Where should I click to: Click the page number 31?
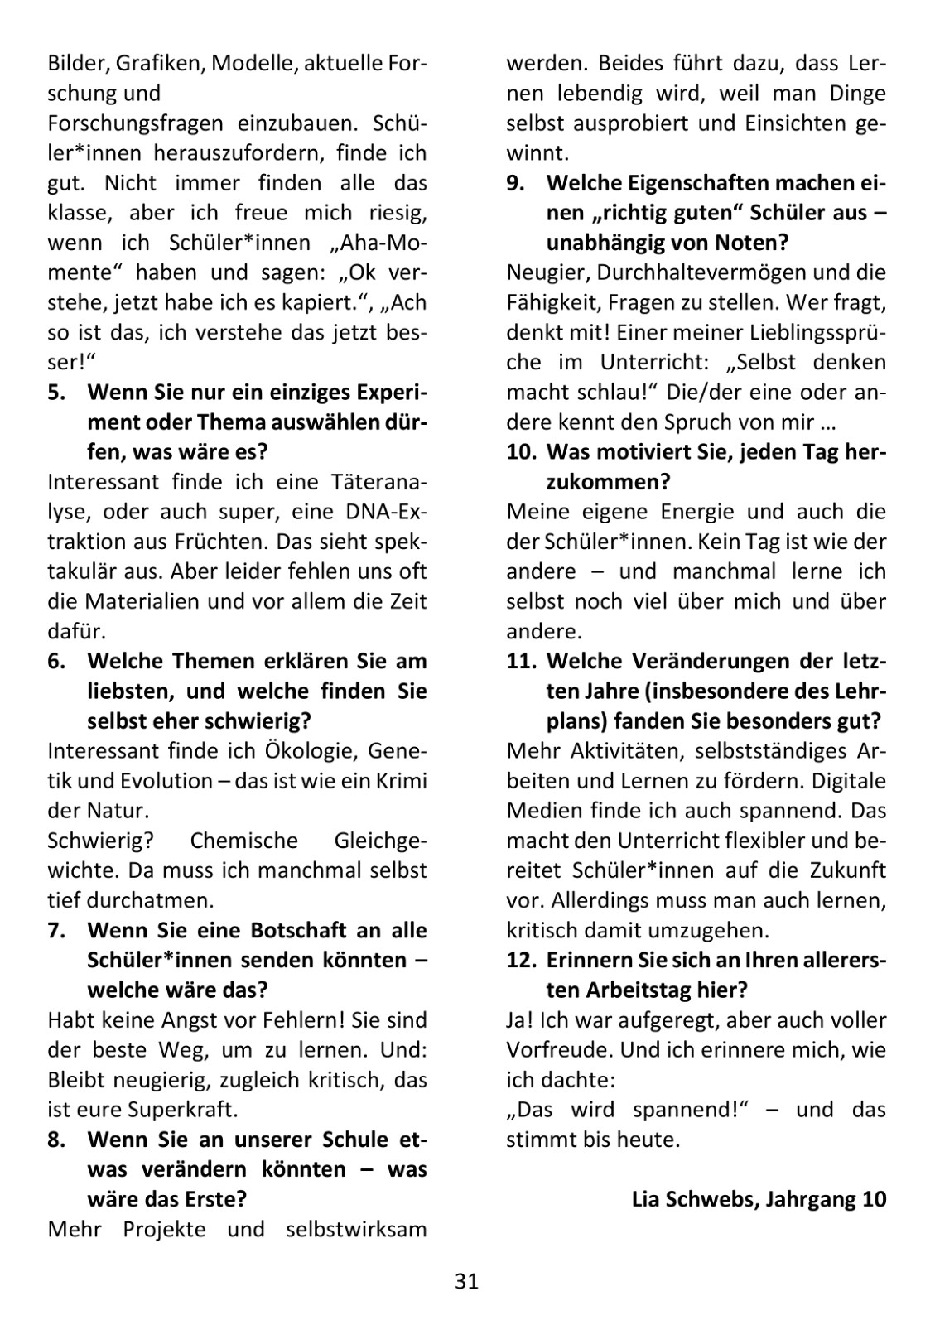466,1282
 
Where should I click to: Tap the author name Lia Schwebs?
692,1199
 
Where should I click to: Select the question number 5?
57,393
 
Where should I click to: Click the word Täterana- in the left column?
383,482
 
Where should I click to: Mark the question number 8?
57,1139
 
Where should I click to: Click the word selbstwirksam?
356,1229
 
